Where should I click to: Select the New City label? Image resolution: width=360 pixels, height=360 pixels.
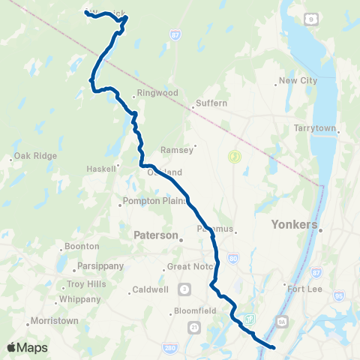[298, 81]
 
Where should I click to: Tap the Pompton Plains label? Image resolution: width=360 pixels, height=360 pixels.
[148, 202]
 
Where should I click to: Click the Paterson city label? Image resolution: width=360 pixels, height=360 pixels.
[154, 235]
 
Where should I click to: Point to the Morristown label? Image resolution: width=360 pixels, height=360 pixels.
[55, 321]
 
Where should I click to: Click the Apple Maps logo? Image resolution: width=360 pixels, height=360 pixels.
[28, 347]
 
